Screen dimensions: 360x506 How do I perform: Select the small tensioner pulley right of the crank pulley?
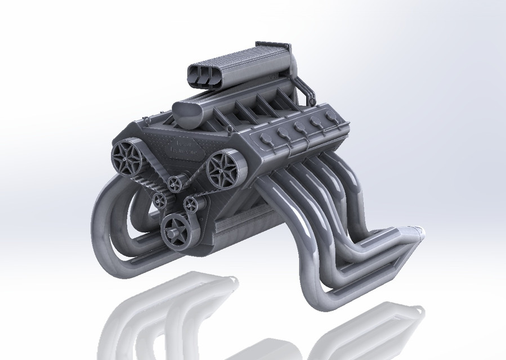click(x=192, y=206)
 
